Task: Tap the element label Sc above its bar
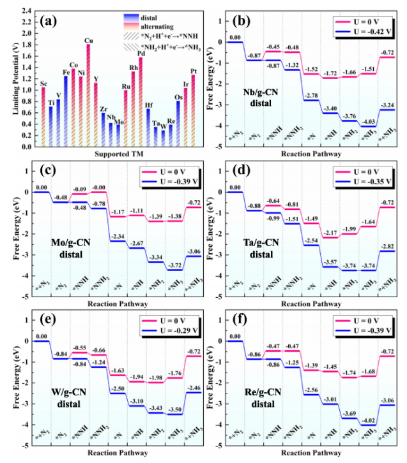coord(43,84)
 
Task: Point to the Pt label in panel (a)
coord(193,70)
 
